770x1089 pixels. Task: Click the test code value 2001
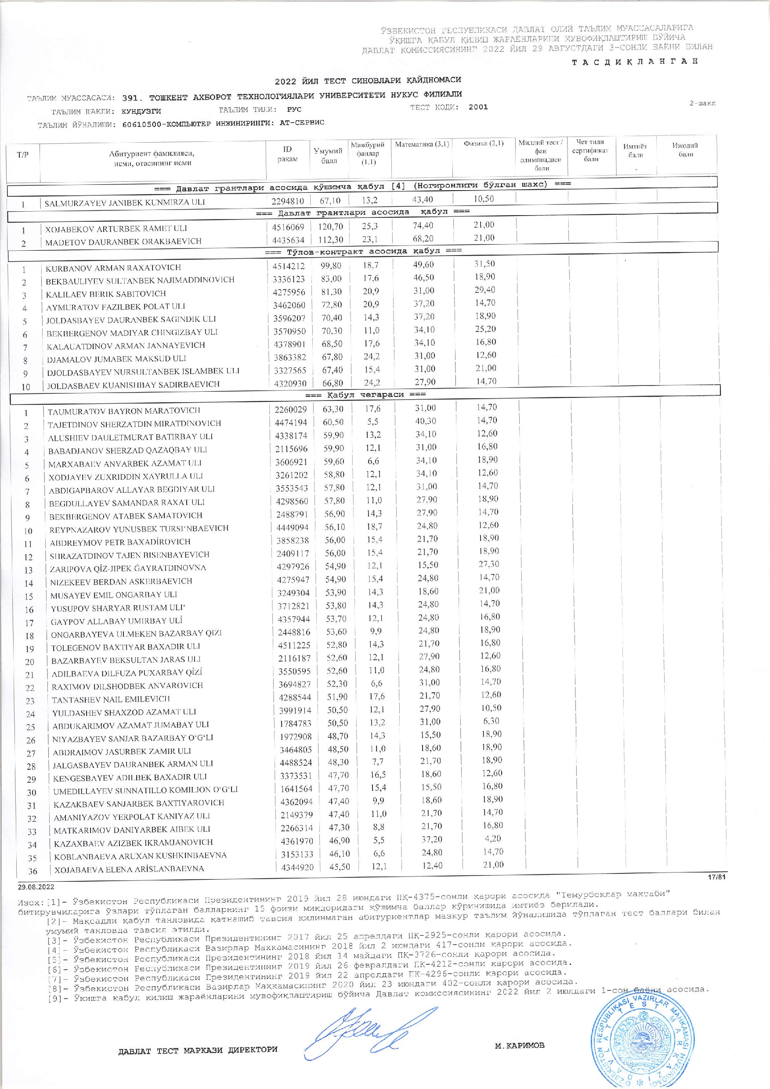(x=478, y=107)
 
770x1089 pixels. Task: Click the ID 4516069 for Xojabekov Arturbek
(x=288, y=227)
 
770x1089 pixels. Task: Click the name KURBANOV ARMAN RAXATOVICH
(x=113, y=267)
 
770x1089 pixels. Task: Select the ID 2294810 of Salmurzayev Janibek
(x=288, y=201)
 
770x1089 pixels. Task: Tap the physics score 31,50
(x=484, y=264)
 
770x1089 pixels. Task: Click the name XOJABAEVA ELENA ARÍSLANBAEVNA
(x=129, y=869)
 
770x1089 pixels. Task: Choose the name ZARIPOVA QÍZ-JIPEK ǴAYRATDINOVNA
(x=128, y=568)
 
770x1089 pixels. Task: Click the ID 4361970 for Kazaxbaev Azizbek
(x=294, y=842)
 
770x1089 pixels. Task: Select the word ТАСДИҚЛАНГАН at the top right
(x=635, y=61)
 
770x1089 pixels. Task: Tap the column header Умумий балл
(x=328, y=155)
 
